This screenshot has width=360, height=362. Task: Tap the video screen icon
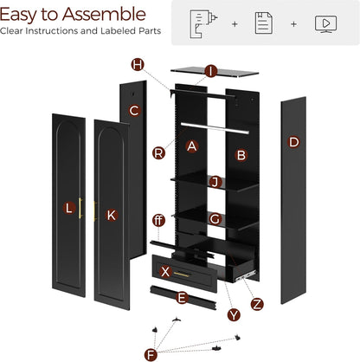pyautogui.click(x=325, y=23)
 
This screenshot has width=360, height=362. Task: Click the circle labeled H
pyautogui.click(x=138, y=65)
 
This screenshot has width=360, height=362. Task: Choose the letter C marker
pyautogui.click(x=134, y=110)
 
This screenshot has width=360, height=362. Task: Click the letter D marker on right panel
pyautogui.click(x=293, y=141)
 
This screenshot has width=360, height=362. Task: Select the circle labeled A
pyautogui.click(x=192, y=146)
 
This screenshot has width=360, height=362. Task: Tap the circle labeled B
pyautogui.click(x=241, y=155)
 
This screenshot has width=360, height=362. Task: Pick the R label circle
pyautogui.click(x=158, y=153)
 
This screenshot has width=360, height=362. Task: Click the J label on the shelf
pyautogui.click(x=216, y=182)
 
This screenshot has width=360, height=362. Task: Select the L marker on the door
pyautogui.click(x=68, y=208)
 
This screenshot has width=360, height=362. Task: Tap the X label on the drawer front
pyautogui.click(x=164, y=271)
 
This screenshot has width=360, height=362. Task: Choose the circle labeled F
pyautogui.click(x=152, y=353)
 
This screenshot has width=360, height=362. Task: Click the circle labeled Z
pyautogui.click(x=256, y=304)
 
